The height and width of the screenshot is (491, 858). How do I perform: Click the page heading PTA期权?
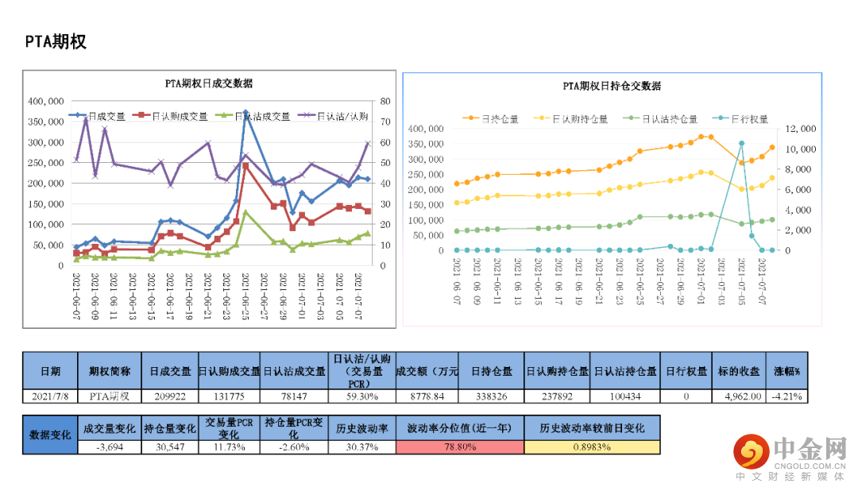55,42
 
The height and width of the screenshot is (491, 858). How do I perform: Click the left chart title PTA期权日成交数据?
208,83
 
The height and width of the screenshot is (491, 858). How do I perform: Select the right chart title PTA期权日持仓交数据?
612,86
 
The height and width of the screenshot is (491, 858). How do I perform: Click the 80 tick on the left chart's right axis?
385,102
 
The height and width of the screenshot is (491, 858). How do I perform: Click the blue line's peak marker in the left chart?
245,112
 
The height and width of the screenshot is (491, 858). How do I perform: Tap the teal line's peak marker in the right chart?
741,144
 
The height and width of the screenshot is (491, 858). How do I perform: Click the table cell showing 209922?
169,395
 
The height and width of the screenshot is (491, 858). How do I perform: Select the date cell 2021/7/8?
50,395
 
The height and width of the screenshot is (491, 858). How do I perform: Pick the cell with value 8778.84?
426,395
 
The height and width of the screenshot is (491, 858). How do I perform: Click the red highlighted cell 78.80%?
459,447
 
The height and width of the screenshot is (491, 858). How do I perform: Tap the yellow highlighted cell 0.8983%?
591,447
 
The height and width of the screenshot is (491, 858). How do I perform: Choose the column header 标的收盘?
738,371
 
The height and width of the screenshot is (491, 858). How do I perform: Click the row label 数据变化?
50,435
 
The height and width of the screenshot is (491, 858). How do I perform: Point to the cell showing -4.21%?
786,395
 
